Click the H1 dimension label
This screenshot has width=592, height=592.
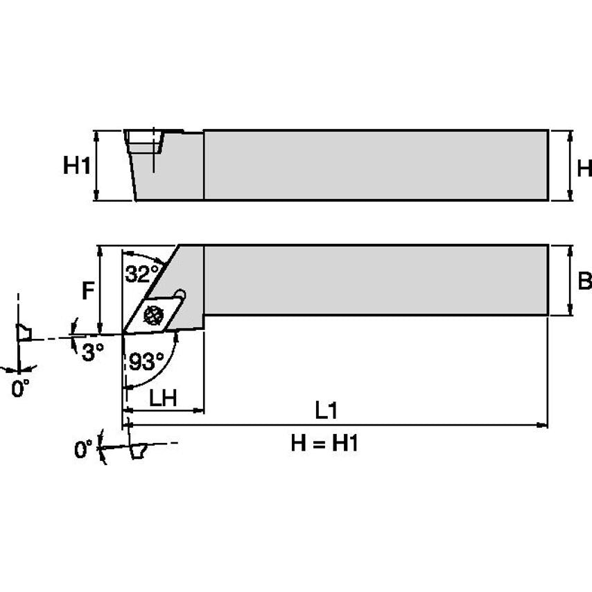(x=77, y=166)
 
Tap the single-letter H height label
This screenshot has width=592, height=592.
(x=584, y=167)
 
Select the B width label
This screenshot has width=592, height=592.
(x=584, y=281)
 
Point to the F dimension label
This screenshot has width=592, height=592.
(x=88, y=291)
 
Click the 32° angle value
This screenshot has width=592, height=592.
(x=142, y=274)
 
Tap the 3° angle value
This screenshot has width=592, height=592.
(x=92, y=352)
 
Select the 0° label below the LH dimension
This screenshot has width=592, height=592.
(x=84, y=451)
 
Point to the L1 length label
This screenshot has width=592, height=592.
(x=325, y=410)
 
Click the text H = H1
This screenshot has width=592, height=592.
(x=324, y=444)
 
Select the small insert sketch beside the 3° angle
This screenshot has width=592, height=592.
(x=25, y=334)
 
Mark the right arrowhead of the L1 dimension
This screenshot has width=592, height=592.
(x=543, y=425)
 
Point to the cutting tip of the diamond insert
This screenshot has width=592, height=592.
(x=124, y=334)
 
